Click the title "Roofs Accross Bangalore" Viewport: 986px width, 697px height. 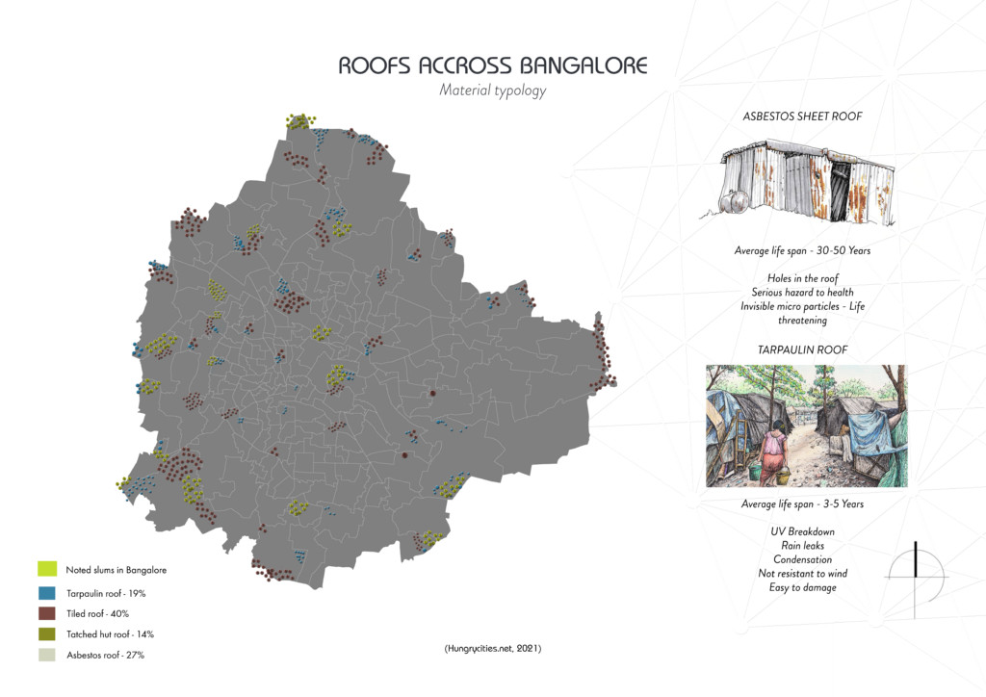493,65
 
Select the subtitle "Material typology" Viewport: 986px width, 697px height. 492,91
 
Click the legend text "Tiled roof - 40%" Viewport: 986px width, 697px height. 97,613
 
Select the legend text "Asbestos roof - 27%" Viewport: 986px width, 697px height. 105,655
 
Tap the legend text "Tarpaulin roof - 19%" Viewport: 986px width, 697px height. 106,592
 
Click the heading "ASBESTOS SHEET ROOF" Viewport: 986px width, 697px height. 802,116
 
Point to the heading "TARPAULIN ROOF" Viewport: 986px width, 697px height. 802,349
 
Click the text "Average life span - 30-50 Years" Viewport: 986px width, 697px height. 802,250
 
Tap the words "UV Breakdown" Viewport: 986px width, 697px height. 802,531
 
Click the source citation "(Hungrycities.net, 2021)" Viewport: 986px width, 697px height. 493,649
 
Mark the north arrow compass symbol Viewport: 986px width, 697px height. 916,573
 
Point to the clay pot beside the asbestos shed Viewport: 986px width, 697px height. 738,201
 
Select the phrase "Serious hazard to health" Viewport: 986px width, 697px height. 802,293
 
